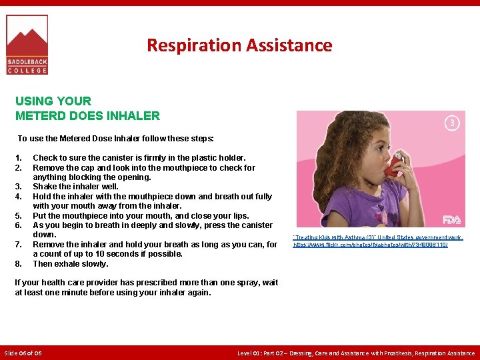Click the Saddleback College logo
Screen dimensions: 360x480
(x=27, y=44)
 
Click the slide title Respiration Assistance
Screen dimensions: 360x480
(x=239, y=45)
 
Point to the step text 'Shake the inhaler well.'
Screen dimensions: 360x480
(x=75, y=187)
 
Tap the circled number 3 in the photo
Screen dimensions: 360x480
(x=452, y=123)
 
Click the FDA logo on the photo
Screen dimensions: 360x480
(x=452, y=219)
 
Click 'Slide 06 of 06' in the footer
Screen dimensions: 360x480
(x=23, y=353)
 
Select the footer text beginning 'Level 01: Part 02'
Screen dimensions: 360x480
(x=357, y=353)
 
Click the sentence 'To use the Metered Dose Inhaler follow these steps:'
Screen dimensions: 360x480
(x=115, y=139)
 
